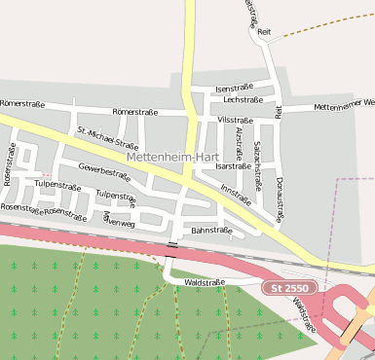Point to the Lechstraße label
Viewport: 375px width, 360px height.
pos(243,99)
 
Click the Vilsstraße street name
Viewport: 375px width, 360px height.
pos(236,120)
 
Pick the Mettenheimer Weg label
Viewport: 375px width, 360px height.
pos(344,104)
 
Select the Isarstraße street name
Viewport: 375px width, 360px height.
pos(233,166)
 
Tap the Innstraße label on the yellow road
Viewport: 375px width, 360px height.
pos(237,196)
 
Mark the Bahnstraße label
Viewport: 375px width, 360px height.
pos(211,231)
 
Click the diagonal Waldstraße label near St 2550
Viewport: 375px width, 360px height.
pos(303,314)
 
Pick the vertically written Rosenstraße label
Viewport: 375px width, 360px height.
pos(10,164)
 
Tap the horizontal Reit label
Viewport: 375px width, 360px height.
pos(263,32)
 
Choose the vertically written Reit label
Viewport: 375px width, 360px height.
pos(279,112)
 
